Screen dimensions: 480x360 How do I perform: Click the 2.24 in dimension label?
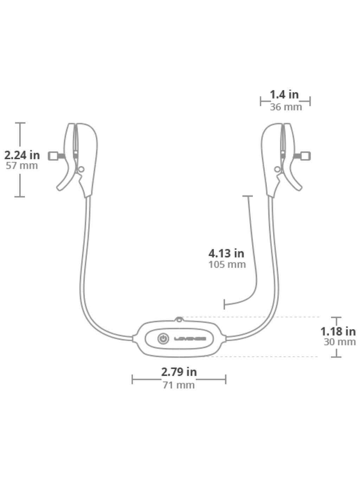pos(22,155)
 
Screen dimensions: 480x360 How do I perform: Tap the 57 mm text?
pos(22,166)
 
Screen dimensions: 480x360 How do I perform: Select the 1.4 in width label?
pos(284,95)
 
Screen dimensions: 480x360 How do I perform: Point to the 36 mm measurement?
pos(285,107)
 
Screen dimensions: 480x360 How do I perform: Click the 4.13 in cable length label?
pos(226,253)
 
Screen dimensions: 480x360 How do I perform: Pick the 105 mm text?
pos(227,264)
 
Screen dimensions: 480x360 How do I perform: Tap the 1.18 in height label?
pos(338,331)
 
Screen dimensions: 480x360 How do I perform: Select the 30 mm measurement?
pos(339,342)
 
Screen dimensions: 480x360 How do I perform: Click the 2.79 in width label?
pos(179,371)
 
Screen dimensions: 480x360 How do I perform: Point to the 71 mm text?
pos(178,385)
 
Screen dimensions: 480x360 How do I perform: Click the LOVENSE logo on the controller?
pos(189,339)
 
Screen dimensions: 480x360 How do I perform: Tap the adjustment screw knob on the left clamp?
pos(53,155)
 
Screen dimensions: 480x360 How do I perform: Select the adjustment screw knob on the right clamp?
pos(306,155)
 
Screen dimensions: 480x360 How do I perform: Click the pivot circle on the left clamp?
pos(81,169)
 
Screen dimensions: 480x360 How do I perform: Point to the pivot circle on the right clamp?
pos(277,169)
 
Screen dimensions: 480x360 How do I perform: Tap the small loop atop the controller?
pos(179,319)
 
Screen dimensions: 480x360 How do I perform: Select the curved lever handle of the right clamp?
pos(295,183)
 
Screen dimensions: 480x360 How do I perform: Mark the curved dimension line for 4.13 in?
pos(254,267)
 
